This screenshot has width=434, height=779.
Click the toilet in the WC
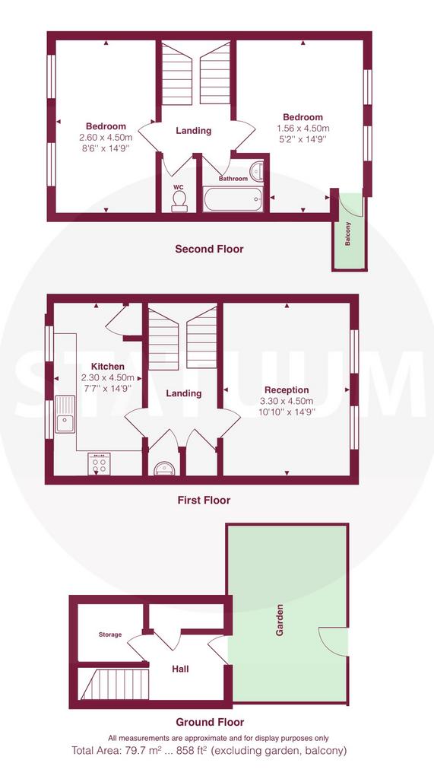(179, 201)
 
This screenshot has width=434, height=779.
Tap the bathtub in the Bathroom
(233, 200)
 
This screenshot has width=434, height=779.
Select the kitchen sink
(65, 415)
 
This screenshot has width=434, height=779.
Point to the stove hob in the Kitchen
(100, 464)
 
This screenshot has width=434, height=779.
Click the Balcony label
(348, 234)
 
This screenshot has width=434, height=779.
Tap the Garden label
(280, 620)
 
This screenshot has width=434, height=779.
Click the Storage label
(109, 634)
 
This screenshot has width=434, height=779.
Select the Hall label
(180, 669)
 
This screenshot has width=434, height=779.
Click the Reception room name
(287, 390)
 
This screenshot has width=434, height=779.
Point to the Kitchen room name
(107, 367)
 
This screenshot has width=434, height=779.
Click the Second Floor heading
(209, 249)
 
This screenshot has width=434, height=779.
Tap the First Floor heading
(204, 500)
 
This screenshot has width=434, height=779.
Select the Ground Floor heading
(210, 722)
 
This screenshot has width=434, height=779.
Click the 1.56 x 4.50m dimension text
(303, 128)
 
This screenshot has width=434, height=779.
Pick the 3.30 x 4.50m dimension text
(287, 401)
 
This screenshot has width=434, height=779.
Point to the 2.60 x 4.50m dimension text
(106, 137)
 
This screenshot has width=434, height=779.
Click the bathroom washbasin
(257, 172)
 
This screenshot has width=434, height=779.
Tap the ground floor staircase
(115, 685)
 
